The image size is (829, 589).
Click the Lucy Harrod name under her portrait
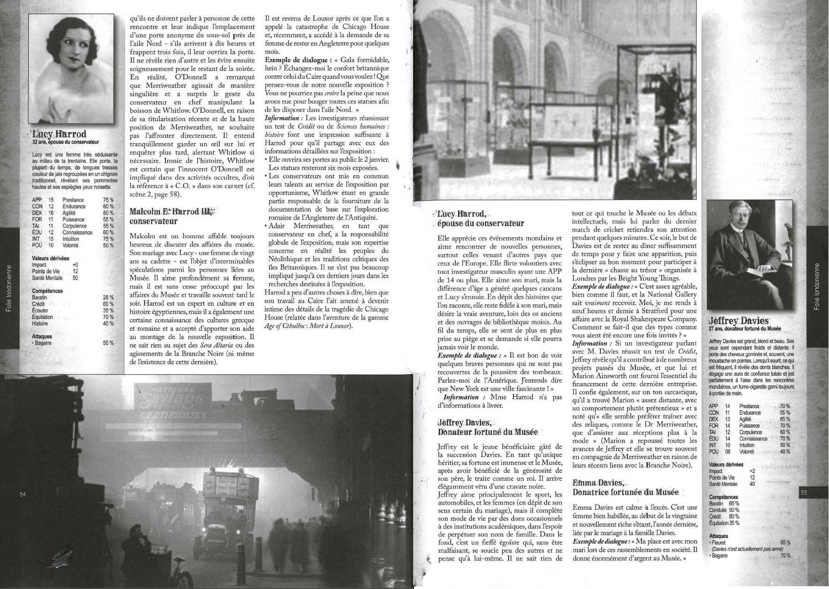[x=59, y=135]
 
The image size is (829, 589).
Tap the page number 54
[x=23, y=494]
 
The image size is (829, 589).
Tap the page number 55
[x=804, y=493]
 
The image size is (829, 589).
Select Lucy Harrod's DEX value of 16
[x=51, y=213]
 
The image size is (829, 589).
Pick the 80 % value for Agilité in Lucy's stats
[x=108, y=213]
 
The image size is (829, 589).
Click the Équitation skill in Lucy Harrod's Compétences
[x=43, y=317]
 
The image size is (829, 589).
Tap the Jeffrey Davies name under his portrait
[x=739, y=321]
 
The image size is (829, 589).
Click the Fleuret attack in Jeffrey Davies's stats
[x=719, y=543]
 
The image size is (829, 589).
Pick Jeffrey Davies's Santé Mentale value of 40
[x=752, y=484]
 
